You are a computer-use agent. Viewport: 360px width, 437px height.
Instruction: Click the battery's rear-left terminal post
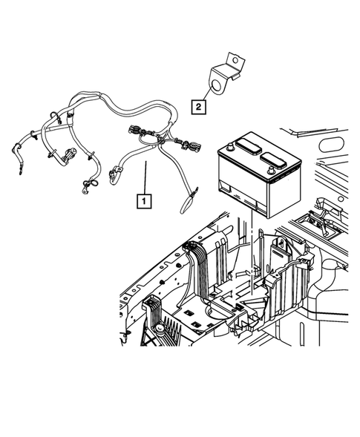click(232, 146)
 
